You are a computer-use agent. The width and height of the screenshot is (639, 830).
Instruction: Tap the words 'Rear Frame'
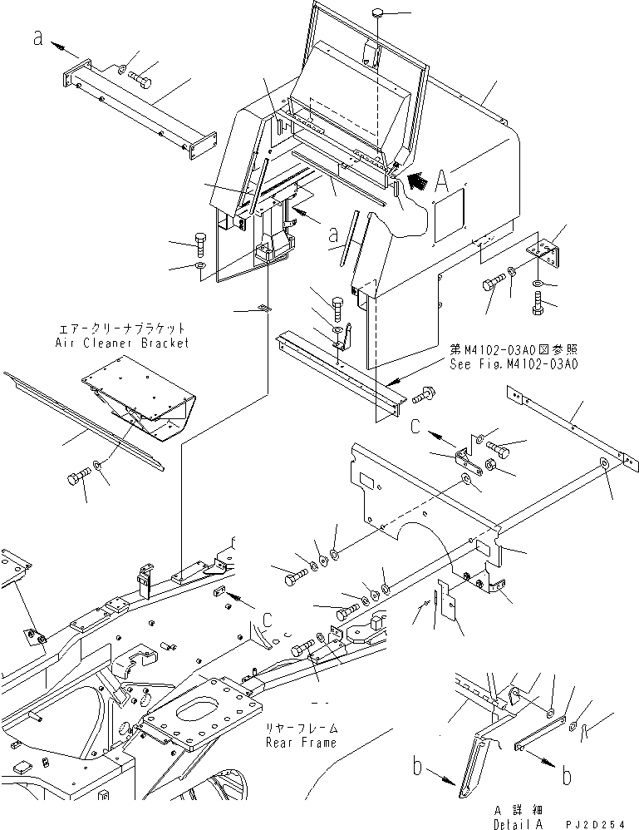click(301, 742)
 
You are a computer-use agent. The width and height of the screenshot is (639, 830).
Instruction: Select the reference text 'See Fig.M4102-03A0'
click(514, 364)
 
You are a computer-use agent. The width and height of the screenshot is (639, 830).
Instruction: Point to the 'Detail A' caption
click(506, 822)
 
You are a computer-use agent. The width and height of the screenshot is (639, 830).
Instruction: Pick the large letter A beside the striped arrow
click(444, 177)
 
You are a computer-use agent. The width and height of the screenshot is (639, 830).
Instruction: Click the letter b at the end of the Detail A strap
click(567, 775)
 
